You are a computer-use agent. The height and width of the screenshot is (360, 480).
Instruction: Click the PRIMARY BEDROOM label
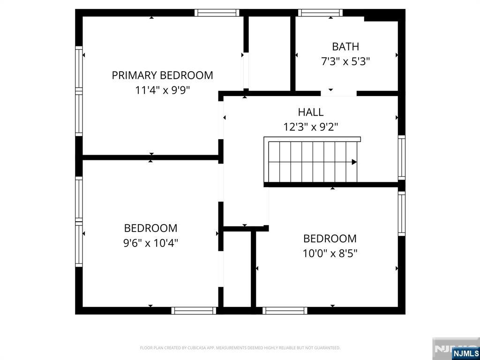click(x=162, y=75)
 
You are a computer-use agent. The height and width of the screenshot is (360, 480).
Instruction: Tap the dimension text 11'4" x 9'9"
click(x=162, y=90)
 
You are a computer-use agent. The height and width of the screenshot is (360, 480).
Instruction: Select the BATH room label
click(x=345, y=46)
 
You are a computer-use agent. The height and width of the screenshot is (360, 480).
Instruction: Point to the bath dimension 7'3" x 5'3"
click(x=345, y=61)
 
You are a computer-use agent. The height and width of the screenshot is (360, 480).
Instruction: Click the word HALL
click(x=311, y=112)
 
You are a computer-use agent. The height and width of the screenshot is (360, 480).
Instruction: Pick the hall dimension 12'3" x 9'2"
click(x=311, y=127)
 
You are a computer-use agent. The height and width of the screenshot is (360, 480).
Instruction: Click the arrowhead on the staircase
click(x=354, y=162)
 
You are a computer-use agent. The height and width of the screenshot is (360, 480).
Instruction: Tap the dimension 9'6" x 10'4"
click(x=151, y=243)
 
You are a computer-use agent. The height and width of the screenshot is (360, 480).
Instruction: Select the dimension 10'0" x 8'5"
click(x=330, y=253)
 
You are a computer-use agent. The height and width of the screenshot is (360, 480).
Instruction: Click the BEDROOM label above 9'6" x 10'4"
click(x=151, y=228)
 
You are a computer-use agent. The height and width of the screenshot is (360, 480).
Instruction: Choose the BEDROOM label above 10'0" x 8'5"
click(x=330, y=238)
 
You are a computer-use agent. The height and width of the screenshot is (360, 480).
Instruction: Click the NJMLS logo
click(x=465, y=353)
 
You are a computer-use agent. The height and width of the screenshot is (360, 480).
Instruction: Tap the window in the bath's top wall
click(x=320, y=13)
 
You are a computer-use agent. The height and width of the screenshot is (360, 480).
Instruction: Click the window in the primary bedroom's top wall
click(x=217, y=13)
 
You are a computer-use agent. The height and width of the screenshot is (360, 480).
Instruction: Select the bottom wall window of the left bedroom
click(x=194, y=310)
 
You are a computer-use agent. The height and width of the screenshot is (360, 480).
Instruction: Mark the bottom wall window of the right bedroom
click(x=285, y=310)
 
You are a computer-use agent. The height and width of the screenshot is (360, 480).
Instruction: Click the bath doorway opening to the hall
click(x=338, y=93)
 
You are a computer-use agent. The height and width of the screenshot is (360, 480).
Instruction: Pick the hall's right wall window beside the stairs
click(x=402, y=157)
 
